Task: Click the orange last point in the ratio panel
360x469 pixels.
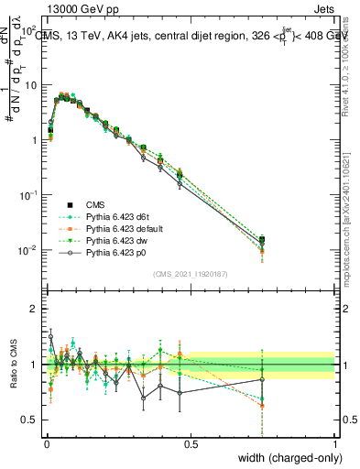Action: coord(264,405)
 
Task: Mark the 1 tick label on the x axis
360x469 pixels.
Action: coord(334,442)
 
